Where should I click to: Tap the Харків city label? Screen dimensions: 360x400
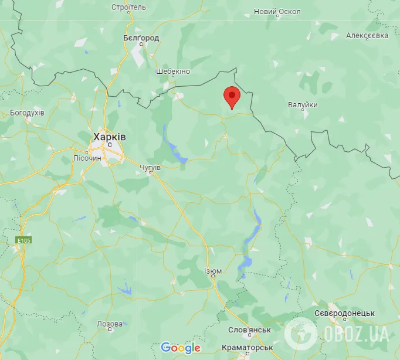pos(109,137)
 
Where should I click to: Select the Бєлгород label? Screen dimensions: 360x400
pos(141,38)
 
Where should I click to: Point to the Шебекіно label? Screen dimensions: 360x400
pos(173,71)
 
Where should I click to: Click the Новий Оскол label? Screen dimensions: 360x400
pos(277,12)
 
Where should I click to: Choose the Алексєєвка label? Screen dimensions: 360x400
pos(367,36)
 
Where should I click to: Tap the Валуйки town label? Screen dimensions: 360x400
pos(303,105)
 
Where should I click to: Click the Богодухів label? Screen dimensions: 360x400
pos(28,113)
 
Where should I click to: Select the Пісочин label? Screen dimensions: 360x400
pos(88,158)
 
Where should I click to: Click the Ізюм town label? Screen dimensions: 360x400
pos(213,271)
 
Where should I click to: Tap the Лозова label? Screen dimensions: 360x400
pos(110,324)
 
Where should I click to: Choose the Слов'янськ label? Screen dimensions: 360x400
pos(249,330)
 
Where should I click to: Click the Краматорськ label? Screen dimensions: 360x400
pos(248,348)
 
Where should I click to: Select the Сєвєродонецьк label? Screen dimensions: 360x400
pos(344,314)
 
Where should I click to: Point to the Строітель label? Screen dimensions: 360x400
pos(128,8)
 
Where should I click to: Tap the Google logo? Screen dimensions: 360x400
pos(181,348)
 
